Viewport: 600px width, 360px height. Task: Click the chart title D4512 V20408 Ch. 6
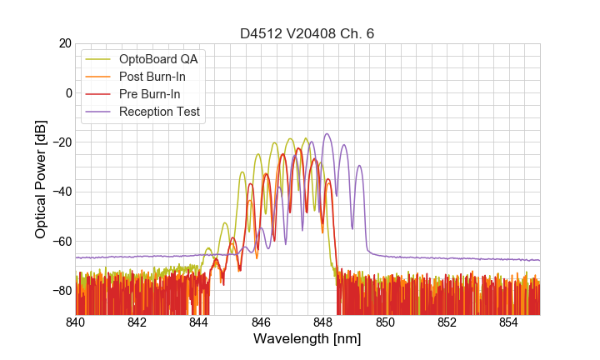tap(307, 33)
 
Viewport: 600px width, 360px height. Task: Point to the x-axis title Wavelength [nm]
tap(307, 339)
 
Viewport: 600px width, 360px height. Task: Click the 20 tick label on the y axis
tap(64, 43)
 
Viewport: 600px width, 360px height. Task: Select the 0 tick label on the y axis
tap(67, 92)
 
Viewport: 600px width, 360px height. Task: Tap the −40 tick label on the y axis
tap(61, 192)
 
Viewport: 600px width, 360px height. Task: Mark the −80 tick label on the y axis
tap(61, 291)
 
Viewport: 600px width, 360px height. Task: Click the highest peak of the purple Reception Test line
tap(327, 133)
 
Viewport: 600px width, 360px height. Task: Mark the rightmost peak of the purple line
tap(359, 165)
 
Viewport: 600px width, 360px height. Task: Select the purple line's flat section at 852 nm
tap(447, 258)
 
